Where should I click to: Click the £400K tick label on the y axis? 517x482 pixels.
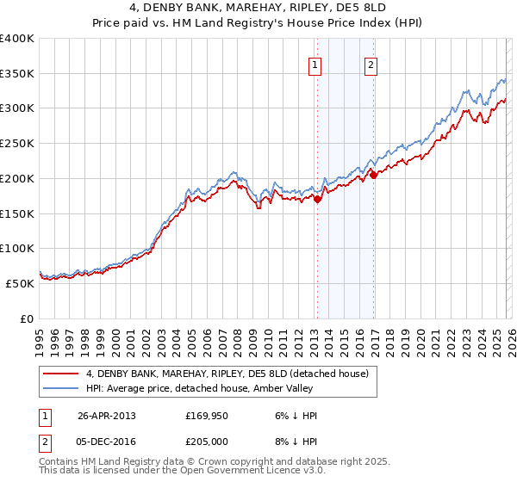17,39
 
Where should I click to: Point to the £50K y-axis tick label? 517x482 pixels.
20,282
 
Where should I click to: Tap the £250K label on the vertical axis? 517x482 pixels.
17,144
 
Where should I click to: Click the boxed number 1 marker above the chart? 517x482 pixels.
315,65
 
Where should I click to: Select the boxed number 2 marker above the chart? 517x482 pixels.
371,65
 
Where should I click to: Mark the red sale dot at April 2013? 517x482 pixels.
317,199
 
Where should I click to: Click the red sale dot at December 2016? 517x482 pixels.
373,175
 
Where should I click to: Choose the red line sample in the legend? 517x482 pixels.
62,374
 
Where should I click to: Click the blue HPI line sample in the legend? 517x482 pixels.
62,388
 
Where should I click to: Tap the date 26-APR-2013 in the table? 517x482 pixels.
107,416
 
